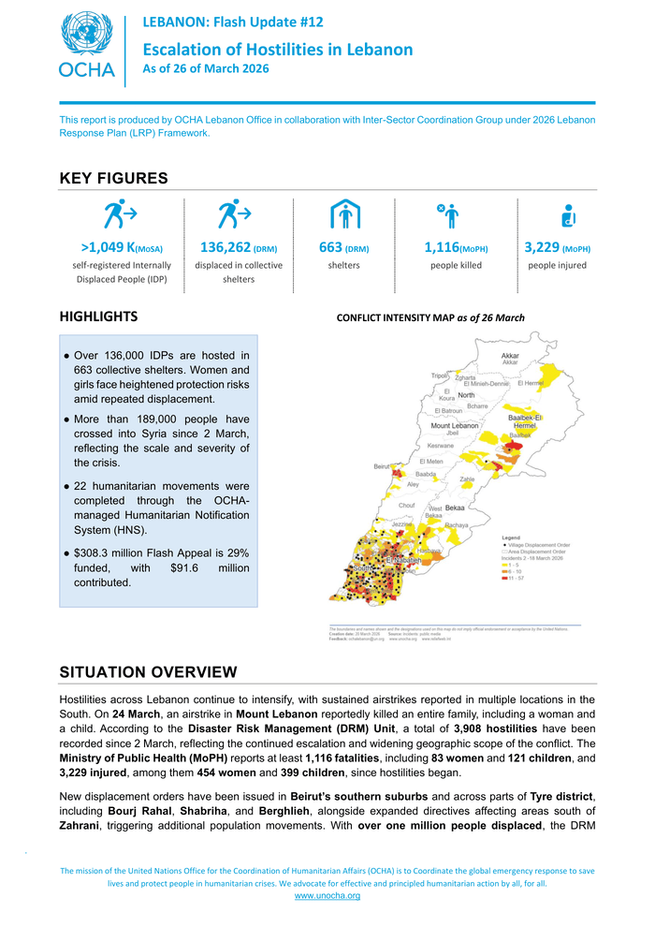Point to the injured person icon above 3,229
click(567, 215)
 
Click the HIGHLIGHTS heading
click(98, 316)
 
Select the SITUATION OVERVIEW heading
click(148, 672)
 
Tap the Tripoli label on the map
click(440, 375)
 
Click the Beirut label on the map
click(382, 465)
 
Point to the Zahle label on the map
click(467, 479)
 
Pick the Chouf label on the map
click(406, 505)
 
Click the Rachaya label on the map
click(456, 525)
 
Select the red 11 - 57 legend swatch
click(506, 579)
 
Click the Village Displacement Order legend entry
click(541, 544)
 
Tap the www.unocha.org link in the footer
click(327, 896)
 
